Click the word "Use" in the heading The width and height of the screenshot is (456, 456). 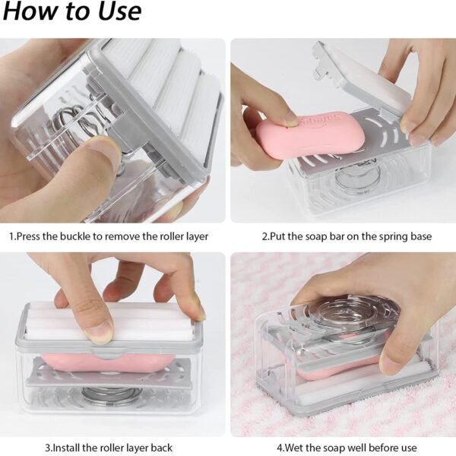coord(114,12)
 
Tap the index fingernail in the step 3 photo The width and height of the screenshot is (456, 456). coord(98,331)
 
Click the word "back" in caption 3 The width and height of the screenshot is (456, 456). coord(160,448)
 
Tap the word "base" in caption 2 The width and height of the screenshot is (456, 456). coord(419,236)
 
